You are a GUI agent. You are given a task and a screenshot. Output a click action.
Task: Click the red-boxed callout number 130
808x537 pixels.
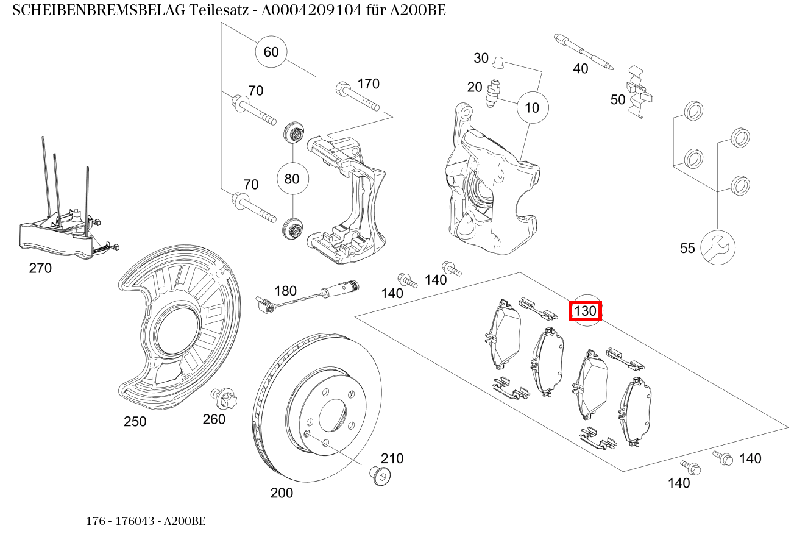585,311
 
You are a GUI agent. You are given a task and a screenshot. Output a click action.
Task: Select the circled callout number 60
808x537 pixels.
271,52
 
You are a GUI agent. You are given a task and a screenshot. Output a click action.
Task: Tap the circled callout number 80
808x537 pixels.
292,179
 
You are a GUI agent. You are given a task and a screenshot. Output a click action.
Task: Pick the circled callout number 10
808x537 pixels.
532,108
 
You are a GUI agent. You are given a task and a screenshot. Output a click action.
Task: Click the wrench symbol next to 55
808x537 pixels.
717,247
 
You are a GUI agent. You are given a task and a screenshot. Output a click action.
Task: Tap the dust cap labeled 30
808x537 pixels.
499,61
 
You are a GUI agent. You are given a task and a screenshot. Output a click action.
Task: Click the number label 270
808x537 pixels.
40,268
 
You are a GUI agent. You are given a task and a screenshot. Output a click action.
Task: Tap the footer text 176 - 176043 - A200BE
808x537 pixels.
146,521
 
